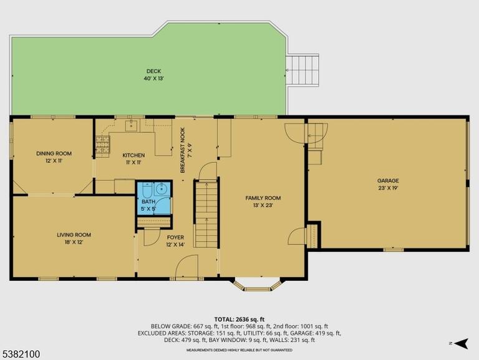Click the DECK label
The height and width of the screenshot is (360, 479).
click(153, 71)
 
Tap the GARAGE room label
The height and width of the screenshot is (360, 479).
click(388, 180)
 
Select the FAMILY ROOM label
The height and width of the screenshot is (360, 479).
click(263, 198)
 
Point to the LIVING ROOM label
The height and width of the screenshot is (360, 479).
click(74, 235)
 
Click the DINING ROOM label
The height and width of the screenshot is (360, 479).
click(54, 153)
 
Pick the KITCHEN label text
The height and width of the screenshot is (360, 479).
click(133, 155)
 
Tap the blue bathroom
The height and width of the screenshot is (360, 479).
click(153, 198)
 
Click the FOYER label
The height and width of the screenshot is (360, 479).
click(175, 238)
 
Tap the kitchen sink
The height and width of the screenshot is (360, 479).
click(132, 125)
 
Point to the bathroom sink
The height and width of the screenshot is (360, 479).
click(161, 189)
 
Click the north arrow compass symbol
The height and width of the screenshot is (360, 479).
click(462, 343)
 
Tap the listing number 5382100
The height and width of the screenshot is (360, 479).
click(20, 354)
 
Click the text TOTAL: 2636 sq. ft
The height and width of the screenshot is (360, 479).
click(239, 319)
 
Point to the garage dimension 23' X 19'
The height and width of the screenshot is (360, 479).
click(388, 188)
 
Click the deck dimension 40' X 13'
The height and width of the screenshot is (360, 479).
click(154, 79)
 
